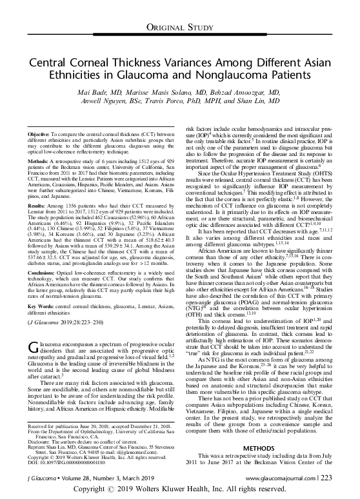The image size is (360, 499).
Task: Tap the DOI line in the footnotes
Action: click(65, 461)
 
